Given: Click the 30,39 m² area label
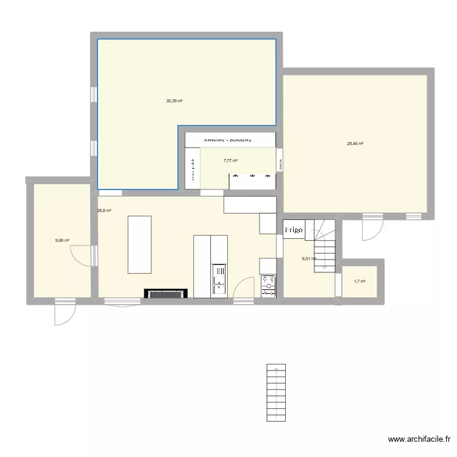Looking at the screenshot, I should click(175, 101).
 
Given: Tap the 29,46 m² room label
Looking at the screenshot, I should click(355, 144).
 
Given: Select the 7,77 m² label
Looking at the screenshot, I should click(230, 161).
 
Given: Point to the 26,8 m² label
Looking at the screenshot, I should click(104, 211).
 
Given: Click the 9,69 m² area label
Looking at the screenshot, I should click(62, 240).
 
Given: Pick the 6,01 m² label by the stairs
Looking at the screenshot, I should click(309, 258).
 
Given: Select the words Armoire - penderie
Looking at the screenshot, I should click(231, 140).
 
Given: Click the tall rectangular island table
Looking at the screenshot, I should click(140, 244).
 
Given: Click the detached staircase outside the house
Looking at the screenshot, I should click(275, 392).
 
